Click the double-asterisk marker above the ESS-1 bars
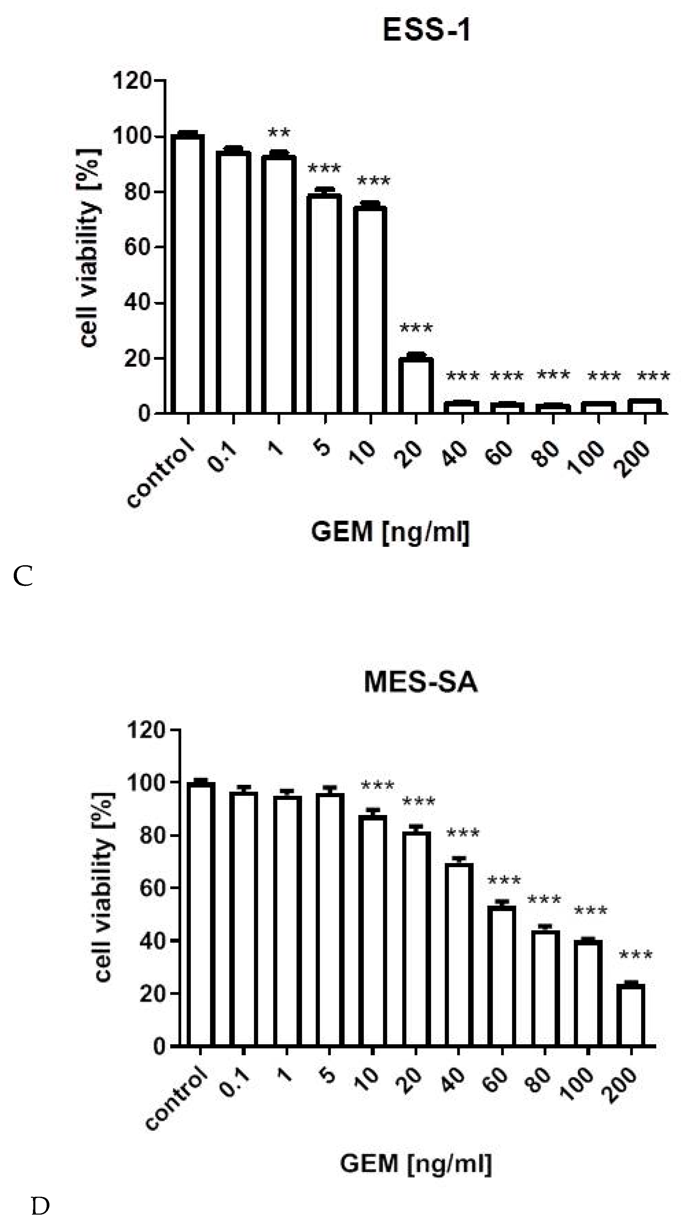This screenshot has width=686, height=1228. [279, 133]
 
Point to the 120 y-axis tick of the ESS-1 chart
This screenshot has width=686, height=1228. [132, 80]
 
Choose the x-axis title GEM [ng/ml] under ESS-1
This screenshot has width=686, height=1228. [390, 532]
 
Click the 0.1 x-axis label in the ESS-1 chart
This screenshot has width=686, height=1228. [222, 457]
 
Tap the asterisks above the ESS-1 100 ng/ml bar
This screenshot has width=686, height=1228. [604, 377]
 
